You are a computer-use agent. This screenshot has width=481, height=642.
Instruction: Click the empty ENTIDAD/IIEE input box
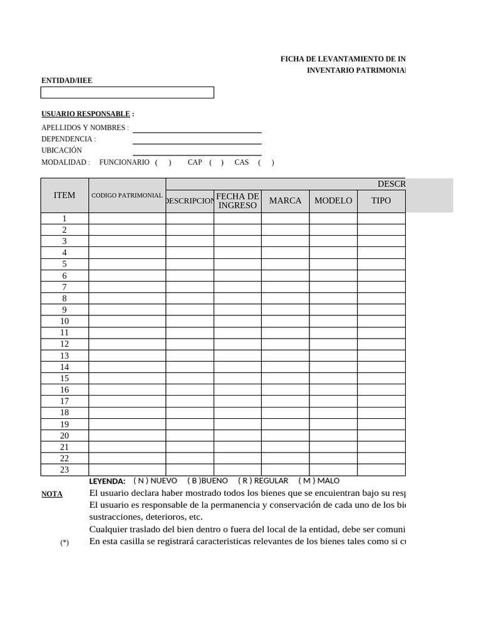pyautogui.click(x=127, y=93)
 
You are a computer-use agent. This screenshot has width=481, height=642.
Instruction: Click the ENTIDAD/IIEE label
pyautogui.click(x=66, y=81)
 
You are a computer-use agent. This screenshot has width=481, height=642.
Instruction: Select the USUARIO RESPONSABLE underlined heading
pyautogui.click(x=86, y=114)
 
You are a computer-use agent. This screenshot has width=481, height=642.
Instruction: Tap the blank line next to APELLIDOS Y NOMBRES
pyautogui.click(x=197, y=129)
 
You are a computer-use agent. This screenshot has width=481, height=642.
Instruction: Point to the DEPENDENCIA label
pyautogui.click(x=68, y=139)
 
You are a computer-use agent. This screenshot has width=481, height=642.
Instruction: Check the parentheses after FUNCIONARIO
pyautogui.click(x=163, y=162)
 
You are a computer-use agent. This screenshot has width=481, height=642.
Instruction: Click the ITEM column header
pyautogui.click(x=65, y=195)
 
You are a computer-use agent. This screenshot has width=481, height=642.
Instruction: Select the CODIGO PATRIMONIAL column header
pyautogui.click(x=127, y=196)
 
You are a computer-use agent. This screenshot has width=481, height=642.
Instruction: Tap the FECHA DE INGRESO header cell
pyautogui.click(x=237, y=201)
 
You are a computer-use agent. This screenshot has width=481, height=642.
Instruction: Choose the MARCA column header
pyautogui.click(x=285, y=201)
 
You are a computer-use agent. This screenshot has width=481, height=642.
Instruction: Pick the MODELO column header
pyautogui.click(x=333, y=201)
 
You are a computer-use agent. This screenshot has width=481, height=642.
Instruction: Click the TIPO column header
pyautogui.click(x=381, y=201)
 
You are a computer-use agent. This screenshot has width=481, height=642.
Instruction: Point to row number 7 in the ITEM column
pyautogui.click(x=65, y=287)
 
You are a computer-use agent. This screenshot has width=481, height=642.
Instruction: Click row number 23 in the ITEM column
pyautogui.click(x=65, y=470)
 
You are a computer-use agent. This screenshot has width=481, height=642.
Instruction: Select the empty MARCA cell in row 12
pyautogui.click(x=285, y=344)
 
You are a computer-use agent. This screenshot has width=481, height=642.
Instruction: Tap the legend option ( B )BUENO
pyautogui.click(x=207, y=481)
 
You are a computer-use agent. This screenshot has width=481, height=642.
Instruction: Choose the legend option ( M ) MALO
pyautogui.click(x=319, y=481)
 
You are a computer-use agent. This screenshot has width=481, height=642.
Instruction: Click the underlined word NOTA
pyautogui.click(x=52, y=494)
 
